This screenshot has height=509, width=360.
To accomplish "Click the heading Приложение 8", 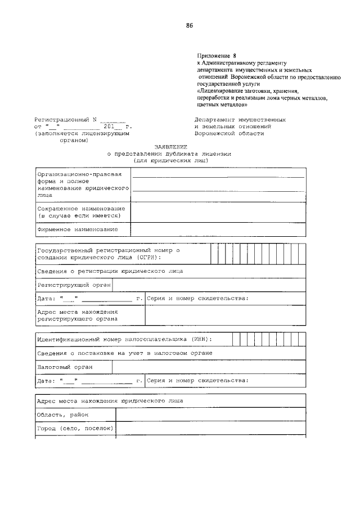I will [x=213, y=56].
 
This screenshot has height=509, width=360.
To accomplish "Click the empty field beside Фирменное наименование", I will [x=218, y=229].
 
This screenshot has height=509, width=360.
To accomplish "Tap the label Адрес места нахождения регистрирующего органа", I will [x=77, y=314].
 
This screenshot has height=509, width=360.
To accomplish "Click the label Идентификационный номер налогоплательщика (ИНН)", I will [x=124, y=340].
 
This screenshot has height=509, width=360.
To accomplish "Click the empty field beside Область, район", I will [x=211, y=415].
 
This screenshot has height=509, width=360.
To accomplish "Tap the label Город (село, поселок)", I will [x=75, y=429].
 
